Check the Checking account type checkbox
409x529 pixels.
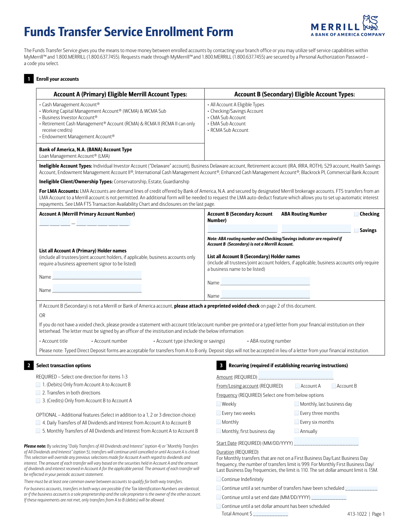(356, 214)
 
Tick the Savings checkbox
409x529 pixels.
(356, 230)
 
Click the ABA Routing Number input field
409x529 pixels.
(316, 229)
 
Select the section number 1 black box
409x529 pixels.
(29, 79)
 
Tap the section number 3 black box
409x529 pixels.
(221, 365)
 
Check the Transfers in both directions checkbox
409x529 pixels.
(38, 393)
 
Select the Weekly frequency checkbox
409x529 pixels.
(218, 404)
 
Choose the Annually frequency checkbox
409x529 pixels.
(297, 431)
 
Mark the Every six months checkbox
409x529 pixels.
(297, 422)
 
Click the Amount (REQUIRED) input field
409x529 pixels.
(296, 376)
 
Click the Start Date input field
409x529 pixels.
(326, 442)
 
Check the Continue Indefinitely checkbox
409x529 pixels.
(218, 479)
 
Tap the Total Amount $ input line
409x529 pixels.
(271, 513)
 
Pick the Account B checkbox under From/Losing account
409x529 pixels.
(334, 386)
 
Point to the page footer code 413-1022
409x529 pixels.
(357, 514)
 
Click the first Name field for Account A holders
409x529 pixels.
(97, 275)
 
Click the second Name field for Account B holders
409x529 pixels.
(265, 294)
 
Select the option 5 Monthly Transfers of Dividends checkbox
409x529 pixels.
(38, 431)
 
